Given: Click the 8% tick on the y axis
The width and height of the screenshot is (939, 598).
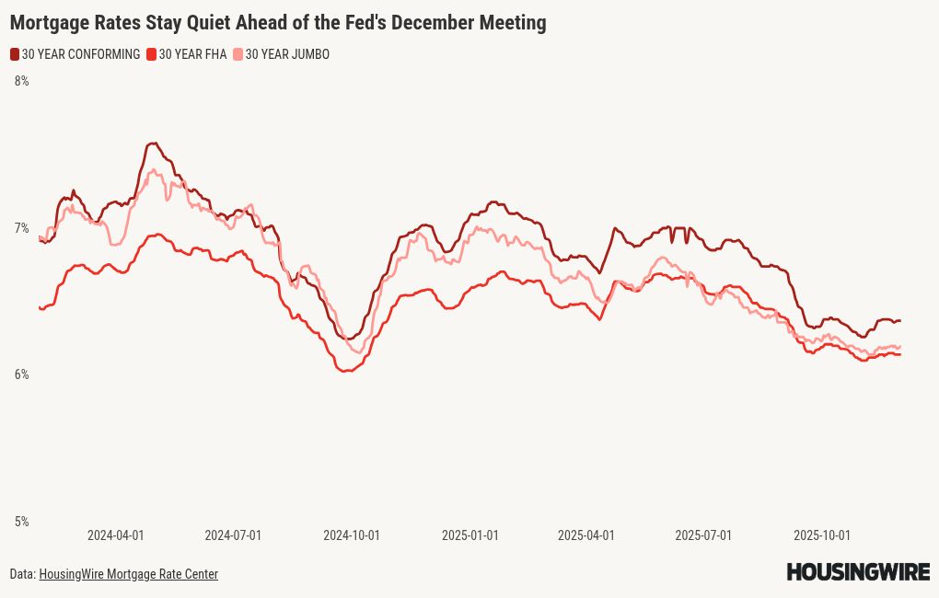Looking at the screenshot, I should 21,82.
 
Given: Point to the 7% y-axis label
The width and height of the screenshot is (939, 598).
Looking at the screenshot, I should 21,228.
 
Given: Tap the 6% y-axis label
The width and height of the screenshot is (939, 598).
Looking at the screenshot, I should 21,374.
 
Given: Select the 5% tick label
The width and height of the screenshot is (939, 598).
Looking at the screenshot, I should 21,522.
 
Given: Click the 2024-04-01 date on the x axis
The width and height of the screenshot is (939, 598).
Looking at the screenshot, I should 115,535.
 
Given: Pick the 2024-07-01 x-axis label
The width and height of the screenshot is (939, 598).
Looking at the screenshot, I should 233,535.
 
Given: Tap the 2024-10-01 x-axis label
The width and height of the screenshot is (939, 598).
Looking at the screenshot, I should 352,535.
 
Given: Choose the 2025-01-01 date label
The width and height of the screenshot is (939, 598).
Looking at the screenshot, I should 469,535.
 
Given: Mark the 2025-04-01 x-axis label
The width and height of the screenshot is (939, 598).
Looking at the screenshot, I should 586,535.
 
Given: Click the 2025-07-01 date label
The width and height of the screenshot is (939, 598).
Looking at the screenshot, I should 703,535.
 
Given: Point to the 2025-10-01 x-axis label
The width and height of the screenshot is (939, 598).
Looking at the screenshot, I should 822,535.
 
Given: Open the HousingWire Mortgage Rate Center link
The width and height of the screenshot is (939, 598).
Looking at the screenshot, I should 128,574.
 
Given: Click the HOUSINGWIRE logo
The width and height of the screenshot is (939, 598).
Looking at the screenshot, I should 858,572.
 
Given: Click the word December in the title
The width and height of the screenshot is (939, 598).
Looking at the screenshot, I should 428,23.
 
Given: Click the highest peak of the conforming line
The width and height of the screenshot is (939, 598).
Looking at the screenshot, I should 153,144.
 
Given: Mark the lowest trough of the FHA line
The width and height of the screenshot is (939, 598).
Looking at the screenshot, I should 345,371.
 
